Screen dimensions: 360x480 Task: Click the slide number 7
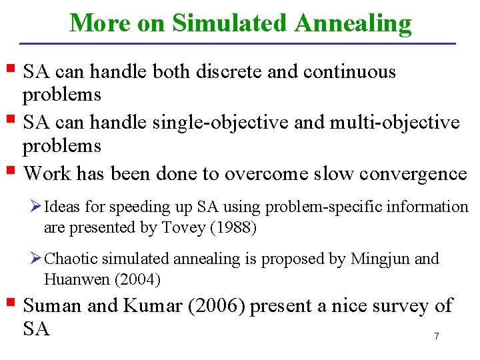[437, 336]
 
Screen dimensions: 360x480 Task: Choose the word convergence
[413, 174]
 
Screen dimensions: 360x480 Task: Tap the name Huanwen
[73, 279]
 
